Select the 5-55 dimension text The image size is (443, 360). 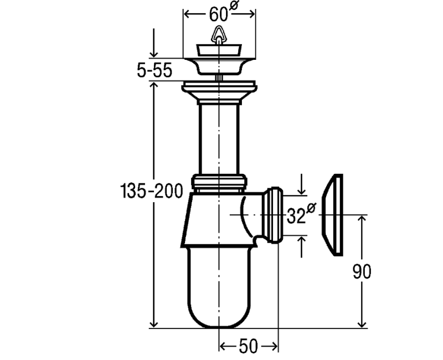(x=154, y=70)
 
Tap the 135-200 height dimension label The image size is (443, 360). (x=151, y=191)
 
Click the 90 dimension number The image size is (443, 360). (x=362, y=272)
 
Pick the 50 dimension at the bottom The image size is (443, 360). (x=248, y=346)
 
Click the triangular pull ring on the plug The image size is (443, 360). (x=218, y=35)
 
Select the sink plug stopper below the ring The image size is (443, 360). (x=219, y=50)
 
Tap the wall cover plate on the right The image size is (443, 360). (x=333, y=215)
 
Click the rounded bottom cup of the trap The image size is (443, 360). (x=219, y=287)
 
